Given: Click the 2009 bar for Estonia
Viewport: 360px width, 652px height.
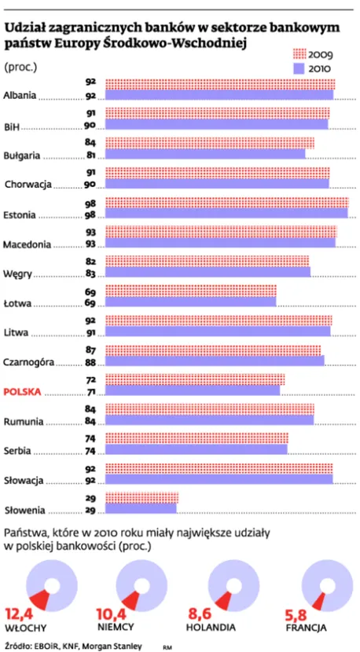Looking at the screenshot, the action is (227, 203).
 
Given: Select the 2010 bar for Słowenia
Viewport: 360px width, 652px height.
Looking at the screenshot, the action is (141, 508).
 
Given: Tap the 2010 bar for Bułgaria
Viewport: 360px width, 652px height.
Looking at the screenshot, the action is (205, 154).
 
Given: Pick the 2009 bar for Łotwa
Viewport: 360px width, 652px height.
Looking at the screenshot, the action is (191, 290).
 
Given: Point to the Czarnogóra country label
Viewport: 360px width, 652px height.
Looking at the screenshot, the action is (29, 362).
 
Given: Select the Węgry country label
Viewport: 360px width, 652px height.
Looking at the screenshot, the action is (17, 274).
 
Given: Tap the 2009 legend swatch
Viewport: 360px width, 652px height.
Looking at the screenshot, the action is (299, 53).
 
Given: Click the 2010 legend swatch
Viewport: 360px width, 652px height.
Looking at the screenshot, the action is (299, 68).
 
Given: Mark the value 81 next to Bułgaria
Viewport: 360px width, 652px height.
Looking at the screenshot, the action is (90, 156).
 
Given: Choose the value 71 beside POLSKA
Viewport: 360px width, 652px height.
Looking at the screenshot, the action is (90, 392).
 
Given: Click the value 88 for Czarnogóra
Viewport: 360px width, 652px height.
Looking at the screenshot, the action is (90, 363).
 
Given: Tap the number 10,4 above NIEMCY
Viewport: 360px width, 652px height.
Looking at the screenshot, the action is (112, 614).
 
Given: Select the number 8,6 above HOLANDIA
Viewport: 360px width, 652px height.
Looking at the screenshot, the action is (199, 614).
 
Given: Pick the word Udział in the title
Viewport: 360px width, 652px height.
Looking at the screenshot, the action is (24, 29).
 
